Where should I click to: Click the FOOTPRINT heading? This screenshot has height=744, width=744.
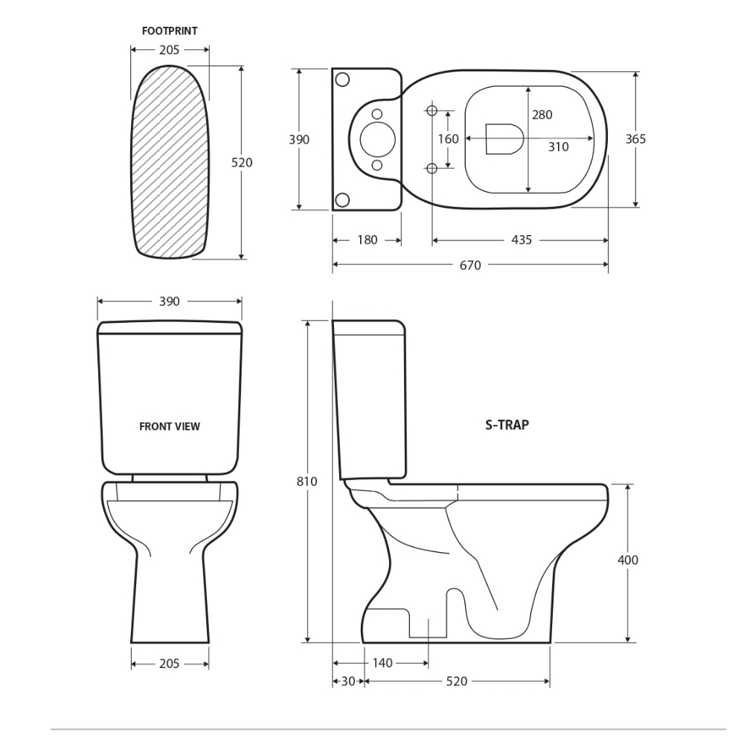click(x=170, y=31)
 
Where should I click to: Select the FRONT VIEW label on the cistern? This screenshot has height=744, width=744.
click(x=170, y=426)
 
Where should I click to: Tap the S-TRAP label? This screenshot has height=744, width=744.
click(x=507, y=425)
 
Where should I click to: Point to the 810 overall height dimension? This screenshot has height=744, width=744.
click(x=307, y=481)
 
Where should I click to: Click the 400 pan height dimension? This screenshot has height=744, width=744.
click(x=627, y=560)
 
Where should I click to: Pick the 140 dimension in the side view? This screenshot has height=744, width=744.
click(x=382, y=663)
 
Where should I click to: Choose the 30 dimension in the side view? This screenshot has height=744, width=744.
click(x=347, y=682)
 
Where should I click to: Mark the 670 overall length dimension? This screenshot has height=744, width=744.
click(x=470, y=266)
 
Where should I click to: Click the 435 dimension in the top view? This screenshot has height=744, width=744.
click(x=521, y=240)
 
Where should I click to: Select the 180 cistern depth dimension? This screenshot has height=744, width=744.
click(x=367, y=240)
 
